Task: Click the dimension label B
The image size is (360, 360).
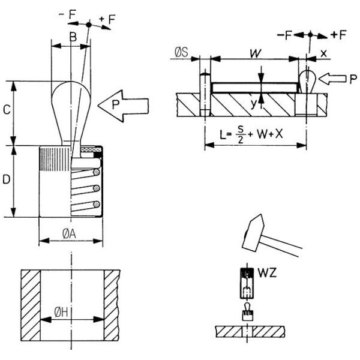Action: point(72,37)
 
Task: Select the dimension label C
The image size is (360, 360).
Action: point(5,110)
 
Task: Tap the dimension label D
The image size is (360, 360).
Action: point(5,179)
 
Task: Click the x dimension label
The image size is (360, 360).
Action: point(323,53)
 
